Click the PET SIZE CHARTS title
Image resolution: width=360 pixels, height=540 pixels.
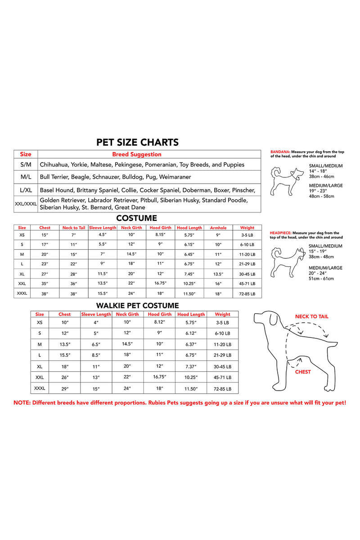tap(137, 143)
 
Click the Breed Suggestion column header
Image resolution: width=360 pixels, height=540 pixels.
tap(136, 154)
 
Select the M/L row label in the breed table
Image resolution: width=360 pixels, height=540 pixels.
tap(26, 177)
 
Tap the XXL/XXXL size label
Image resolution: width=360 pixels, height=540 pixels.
tap(26, 204)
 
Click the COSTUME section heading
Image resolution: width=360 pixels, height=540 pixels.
tap(136, 218)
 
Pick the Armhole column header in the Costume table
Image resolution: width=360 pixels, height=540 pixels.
tap(218, 228)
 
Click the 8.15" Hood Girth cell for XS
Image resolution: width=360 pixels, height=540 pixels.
tap(160, 234)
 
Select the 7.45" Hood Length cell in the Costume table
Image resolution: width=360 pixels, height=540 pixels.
tap(189, 273)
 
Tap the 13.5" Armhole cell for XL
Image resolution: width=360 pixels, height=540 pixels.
tap(218, 274)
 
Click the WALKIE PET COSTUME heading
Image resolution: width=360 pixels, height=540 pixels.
tap(138, 306)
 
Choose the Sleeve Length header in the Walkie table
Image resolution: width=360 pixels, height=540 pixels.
tap(96, 314)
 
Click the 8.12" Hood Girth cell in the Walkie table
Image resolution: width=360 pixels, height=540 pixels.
tap(160, 322)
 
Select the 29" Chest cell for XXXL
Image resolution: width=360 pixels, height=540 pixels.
tap(64, 388)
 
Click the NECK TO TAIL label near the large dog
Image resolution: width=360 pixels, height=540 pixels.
tap(311, 316)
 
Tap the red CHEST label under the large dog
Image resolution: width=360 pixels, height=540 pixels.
tap(303, 372)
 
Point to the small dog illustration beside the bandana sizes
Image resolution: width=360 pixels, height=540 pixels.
tap(286, 180)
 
